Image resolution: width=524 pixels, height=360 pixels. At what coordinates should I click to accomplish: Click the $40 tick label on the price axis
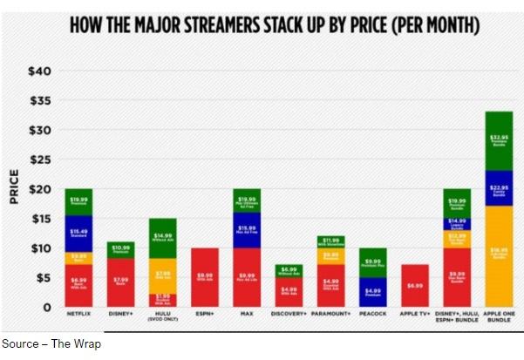point(40,71)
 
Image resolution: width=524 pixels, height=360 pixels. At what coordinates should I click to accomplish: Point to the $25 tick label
point(40,160)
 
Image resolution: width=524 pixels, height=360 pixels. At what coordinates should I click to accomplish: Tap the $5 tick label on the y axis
point(44,278)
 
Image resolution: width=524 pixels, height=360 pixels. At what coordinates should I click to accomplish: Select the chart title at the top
point(275,26)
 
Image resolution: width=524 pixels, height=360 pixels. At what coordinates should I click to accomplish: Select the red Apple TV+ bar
point(416,285)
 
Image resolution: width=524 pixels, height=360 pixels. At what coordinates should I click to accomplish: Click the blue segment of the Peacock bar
point(373,291)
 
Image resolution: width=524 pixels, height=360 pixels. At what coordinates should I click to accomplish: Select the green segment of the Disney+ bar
point(120,249)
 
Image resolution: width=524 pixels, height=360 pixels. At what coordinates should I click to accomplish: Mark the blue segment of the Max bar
point(247,230)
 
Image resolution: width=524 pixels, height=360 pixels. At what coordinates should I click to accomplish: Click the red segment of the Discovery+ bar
point(289,291)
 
